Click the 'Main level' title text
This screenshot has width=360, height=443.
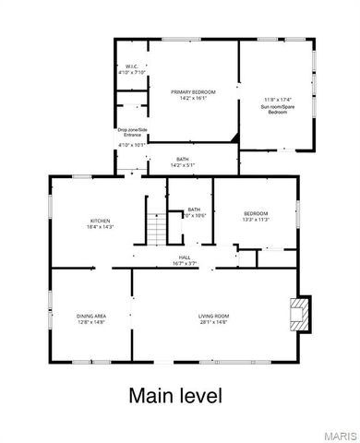coord(175,396)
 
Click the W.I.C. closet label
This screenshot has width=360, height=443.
coord(132,67)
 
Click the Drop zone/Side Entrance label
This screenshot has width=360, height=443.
coord(131,132)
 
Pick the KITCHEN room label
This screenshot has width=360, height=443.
coord(100,221)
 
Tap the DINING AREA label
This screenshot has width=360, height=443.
coord(91,317)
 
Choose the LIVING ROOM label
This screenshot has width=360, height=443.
coord(213,317)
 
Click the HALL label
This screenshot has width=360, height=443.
coord(185,257)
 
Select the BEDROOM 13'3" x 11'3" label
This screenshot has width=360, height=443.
coord(255,213)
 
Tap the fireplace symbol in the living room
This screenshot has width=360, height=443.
coord(297,314)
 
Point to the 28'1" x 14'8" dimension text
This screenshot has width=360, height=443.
coord(213,323)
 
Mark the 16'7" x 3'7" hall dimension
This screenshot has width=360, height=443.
coord(185,264)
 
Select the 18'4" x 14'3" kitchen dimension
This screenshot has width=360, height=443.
coord(100,227)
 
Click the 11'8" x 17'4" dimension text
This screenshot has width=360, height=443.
coord(276,99)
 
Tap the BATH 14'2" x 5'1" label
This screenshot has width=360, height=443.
coord(183,162)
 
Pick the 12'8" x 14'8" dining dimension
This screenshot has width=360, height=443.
coord(91,323)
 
